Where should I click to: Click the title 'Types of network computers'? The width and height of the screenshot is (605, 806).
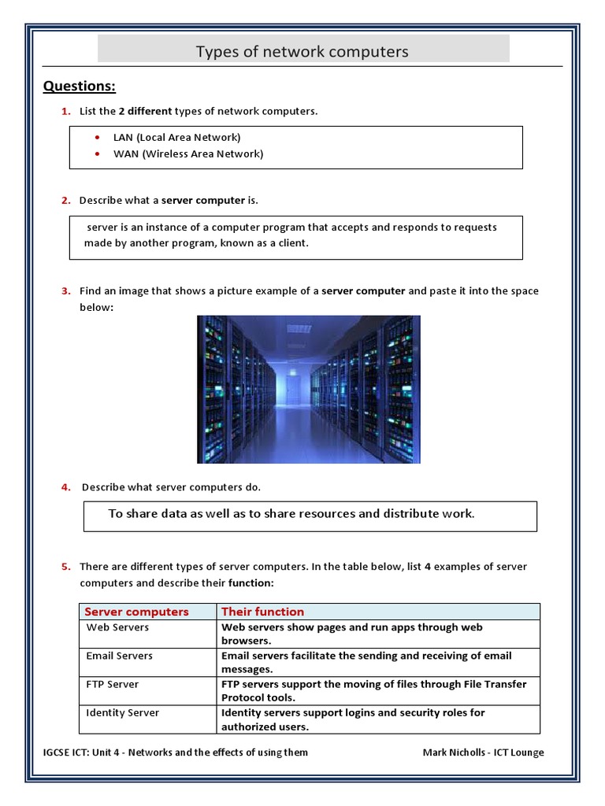pos(302,52)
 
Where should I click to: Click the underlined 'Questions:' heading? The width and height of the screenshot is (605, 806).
pos(79,86)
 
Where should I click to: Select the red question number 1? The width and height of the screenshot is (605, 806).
pos(65,111)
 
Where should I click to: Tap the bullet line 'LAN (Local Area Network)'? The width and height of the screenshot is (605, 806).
pos(176,138)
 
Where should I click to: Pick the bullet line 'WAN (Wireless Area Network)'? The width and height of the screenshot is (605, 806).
pos(187,154)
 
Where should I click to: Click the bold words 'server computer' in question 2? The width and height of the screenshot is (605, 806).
pos(203,201)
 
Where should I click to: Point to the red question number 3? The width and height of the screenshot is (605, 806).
pos(65,291)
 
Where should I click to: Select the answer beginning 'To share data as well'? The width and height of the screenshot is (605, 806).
pos(291,514)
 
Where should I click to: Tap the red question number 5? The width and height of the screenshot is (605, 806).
pos(65,567)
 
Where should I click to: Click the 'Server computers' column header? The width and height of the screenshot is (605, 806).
pos(137,612)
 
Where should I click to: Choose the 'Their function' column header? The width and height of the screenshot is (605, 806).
pos(262,612)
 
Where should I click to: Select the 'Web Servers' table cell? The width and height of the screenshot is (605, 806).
pos(117,627)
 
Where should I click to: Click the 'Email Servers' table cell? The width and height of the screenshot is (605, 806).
pos(120,656)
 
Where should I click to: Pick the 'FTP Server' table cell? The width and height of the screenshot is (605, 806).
pos(112,684)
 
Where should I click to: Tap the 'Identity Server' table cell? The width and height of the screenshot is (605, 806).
pos(122,712)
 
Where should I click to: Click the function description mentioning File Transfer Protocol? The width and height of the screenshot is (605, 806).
pos(373,690)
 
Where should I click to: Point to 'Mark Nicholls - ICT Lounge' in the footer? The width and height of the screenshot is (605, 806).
pos(483,752)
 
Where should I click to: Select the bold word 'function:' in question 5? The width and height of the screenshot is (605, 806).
pos(251,583)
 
